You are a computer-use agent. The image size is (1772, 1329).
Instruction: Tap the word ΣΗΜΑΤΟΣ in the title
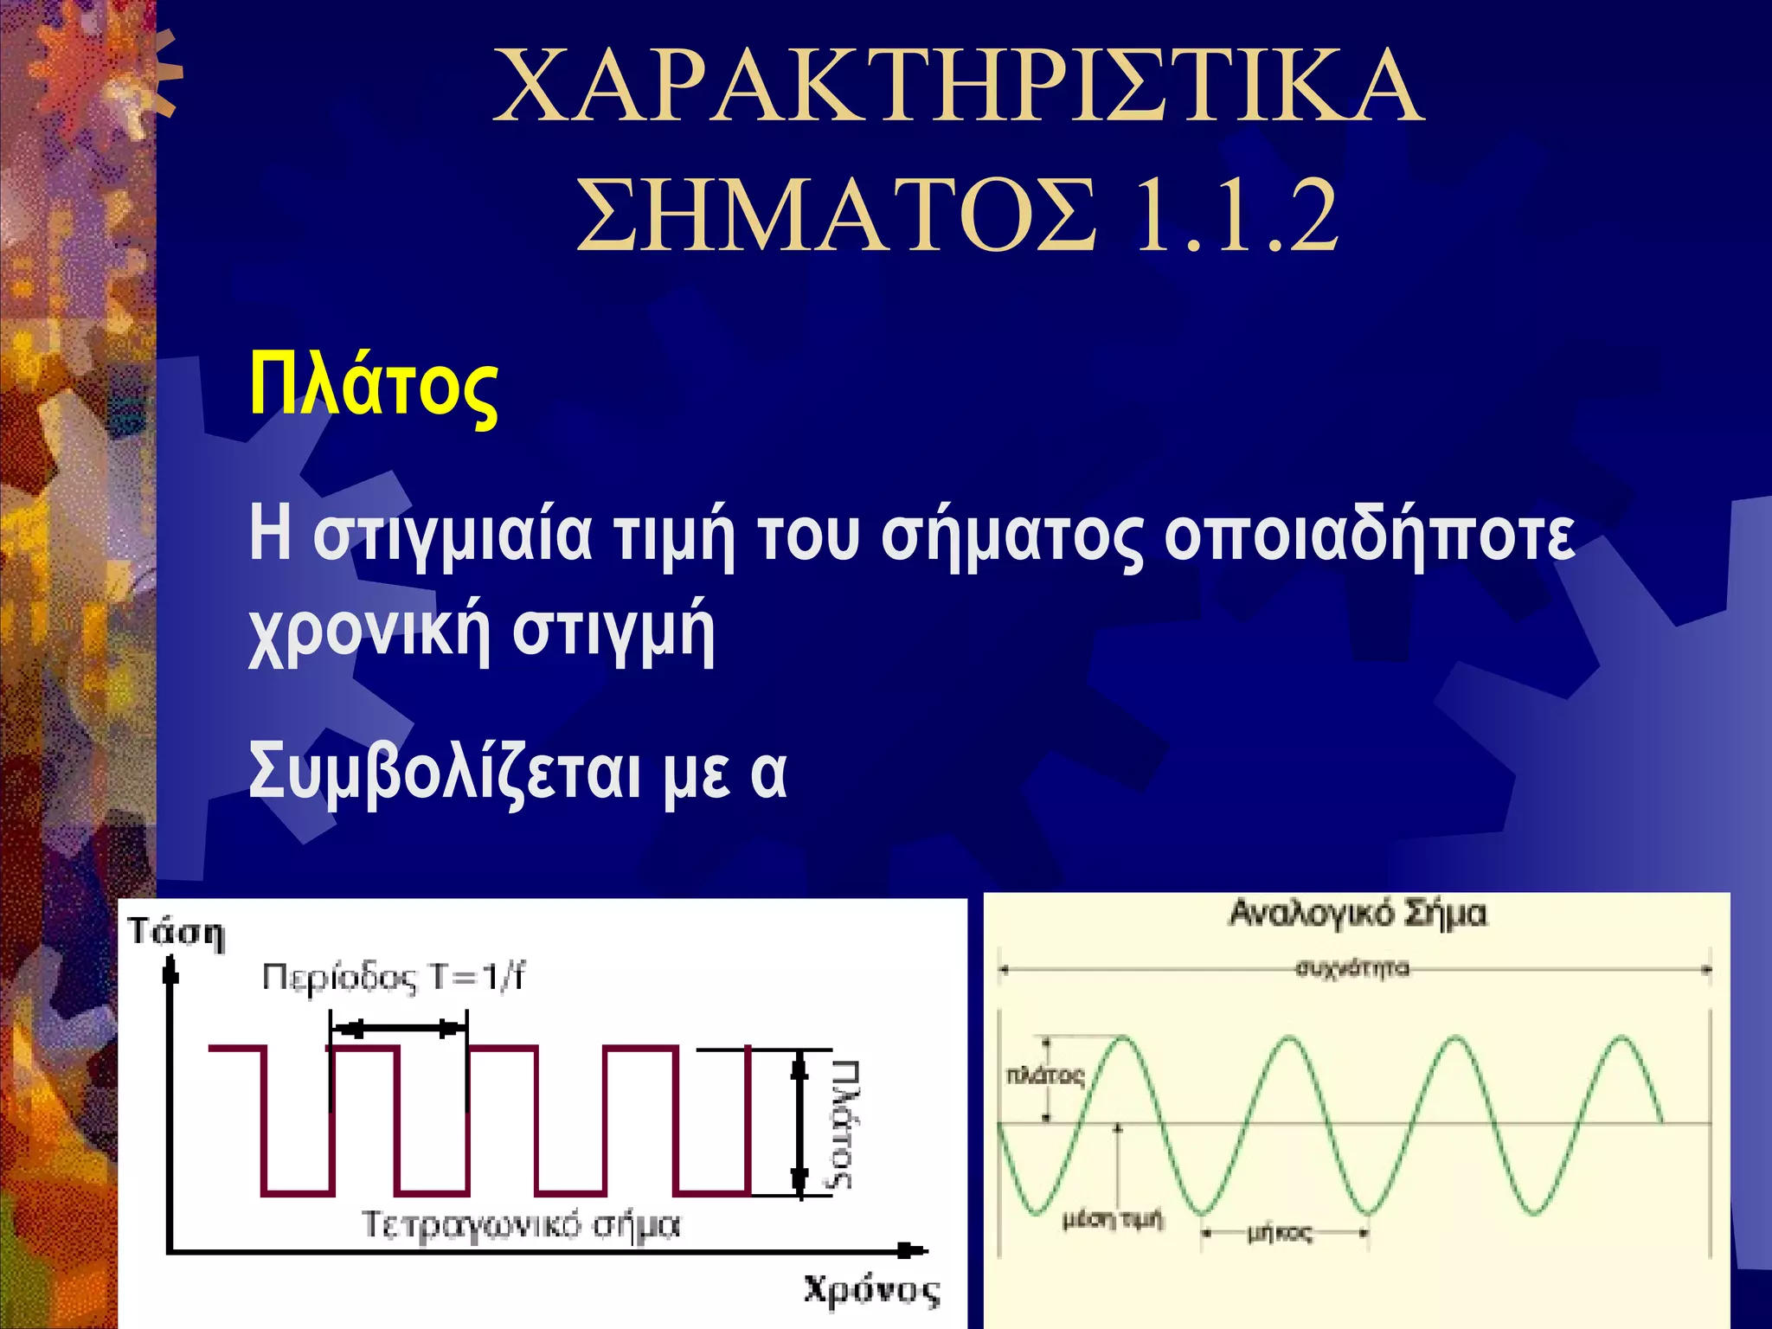coord(836,215)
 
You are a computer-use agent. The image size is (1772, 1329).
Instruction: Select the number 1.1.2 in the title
coord(1236,215)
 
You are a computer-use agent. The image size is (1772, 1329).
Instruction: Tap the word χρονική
coord(369,631)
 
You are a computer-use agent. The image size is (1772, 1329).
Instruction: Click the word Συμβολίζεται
coord(445,773)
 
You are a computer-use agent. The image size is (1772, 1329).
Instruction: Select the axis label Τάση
coord(177,934)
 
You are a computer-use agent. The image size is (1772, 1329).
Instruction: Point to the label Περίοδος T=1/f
coord(394,979)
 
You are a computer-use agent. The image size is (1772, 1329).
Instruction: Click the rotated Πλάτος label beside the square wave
coord(845,1124)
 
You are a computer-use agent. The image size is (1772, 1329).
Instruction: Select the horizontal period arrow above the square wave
coord(399,1029)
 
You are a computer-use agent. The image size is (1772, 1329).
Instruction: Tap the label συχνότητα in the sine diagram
coord(1352,968)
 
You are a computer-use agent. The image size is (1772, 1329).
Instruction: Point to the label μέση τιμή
coord(1113,1220)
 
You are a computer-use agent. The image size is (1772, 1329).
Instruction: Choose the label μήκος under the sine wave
coord(1280,1233)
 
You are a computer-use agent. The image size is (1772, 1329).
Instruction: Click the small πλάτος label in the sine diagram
coord(1044,1075)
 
